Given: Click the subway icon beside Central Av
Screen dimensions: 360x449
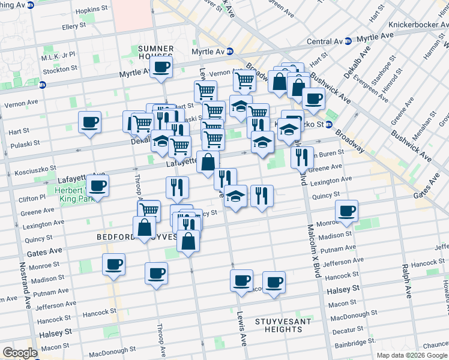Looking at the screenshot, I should pyautogui.click(x=348, y=41).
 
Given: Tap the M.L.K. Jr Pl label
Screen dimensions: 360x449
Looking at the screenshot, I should pyautogui.click(x=58, y=54).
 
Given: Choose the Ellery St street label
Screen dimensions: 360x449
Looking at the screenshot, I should pyautogui.click(x=74, y=27).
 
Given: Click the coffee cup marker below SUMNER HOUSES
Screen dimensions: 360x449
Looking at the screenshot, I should pyautogui.click(x=160, y=68).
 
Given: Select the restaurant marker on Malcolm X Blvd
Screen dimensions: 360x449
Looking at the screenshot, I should pyautogui.click(x=302, y=158).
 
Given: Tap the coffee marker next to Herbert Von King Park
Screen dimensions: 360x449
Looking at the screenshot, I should pyautogui.click(x=98, y=185).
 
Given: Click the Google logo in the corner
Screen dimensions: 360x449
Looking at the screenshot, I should pyautogui.click(x=20, y=353).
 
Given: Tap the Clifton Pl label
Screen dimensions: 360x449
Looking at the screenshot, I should pyautogui.click(x=34, y=197).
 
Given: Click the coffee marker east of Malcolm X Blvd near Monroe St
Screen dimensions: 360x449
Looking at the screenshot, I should pyautogui.click(x=346, y=211).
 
